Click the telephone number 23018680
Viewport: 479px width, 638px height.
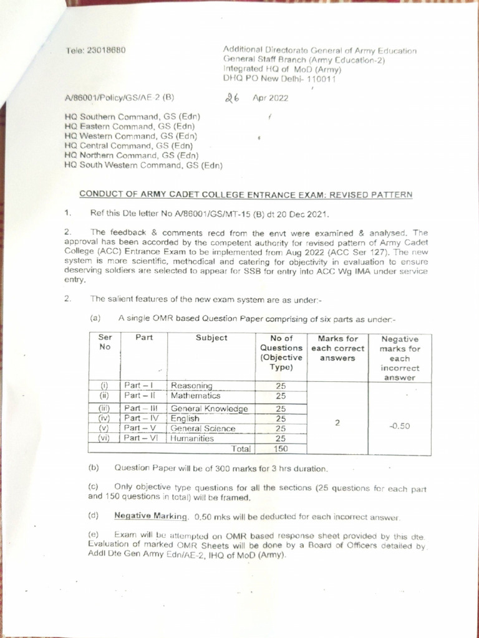pyautogui.click(x=108, y=50)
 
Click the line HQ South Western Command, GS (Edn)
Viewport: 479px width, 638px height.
pyautogui.click(x=143, y=165)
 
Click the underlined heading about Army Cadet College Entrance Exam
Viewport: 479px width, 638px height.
pyautogui.click(x=246, y=194)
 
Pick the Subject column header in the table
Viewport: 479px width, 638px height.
pyautogui.click(x=211, y=338)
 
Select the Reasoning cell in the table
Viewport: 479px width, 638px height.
pyautogui.click(x=191, y=386)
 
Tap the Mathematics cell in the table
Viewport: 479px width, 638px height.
pyautogui.click(x=195, y=395)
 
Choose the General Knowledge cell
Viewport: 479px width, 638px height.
pyautogui.click(x=209, y=409)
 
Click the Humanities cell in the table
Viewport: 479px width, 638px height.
pyautogui.click(x=192, y=438)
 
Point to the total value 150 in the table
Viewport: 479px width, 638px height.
pyautogui.click(x=280, y=448)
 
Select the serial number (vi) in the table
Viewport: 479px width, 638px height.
pyautogui.click(x=104, y=438)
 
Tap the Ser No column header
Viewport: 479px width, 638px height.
pyautogui.click(x=105, y=342)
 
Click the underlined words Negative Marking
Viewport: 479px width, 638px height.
pyautogui.click(x=151, y=516)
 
